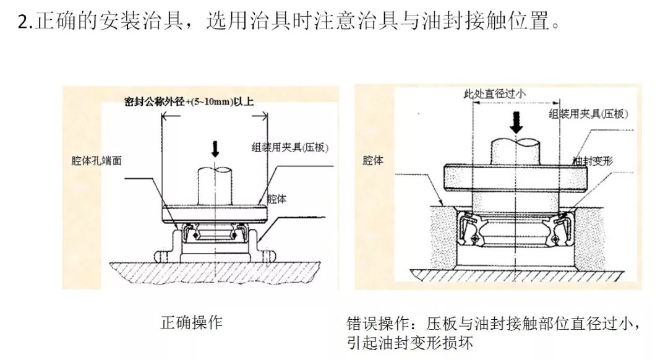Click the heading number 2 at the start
(24, 23)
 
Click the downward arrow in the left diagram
(214, 148)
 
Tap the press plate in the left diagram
(214, 214)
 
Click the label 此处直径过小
(495, 94)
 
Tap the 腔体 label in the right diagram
(373, 160)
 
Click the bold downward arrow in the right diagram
(516, 124)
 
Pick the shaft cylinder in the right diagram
(516, 150)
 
